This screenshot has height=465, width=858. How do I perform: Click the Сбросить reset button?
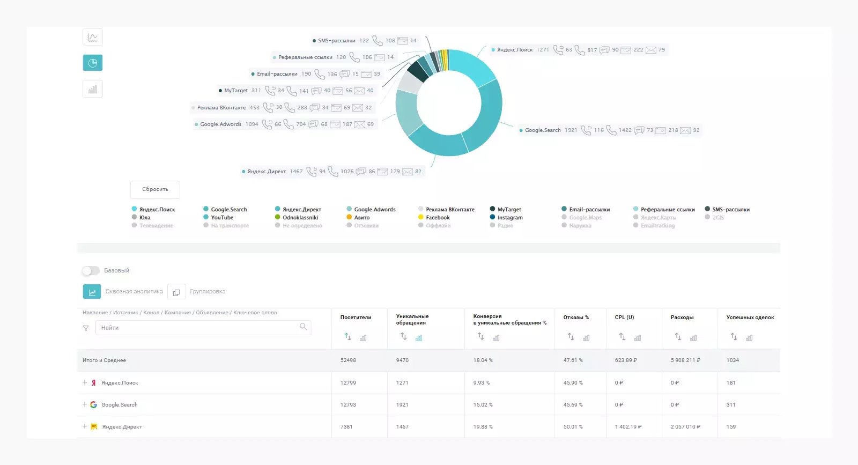pyautogui.click(x=155, y=189)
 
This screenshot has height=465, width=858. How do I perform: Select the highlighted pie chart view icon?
pyautogui.click(x=92, y=63)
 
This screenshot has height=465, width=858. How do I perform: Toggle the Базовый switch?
pyautogui.click(x=91, y=271)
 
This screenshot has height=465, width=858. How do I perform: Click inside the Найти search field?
pyautogui.click(x=198, y=328)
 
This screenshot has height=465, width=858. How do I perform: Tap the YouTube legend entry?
pyautogui.click(x=221, y=218)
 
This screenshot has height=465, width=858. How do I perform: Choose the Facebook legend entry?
pyautogui.click(x=437, y=218)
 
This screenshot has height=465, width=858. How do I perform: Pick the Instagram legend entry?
pyautogui.click(x=509, y=218)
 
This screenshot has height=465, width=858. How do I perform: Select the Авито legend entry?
pyautogui.click(x=361, y=218)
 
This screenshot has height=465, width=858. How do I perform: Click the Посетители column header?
pyautogui.click(x=356, y=318)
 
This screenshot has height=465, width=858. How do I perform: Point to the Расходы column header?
pyautogui.click(x=682, y=318)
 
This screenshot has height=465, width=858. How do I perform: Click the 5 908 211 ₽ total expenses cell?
pyautogui.click(x=685, y=360)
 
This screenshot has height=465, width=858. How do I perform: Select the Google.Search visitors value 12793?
pyautogui.click(x=348, y=405)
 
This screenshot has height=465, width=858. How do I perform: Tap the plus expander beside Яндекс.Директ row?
pyautogui.click(x=85, y=426)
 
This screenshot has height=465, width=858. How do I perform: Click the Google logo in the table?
pyautogui.click(x=93, y=405)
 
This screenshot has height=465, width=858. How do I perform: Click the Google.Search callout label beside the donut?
pyautogui.click(x=543, y=130)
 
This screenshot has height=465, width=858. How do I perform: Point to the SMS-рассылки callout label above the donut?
pyautogui.click(x=336, y=41)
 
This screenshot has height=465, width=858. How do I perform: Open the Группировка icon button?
pyautogui.click(x=176, y=292)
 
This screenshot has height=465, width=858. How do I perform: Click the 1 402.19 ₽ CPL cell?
pyautogui.click(x=628, y=427)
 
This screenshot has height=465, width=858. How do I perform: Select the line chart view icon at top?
pyautogui.click(x=92, y=38)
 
